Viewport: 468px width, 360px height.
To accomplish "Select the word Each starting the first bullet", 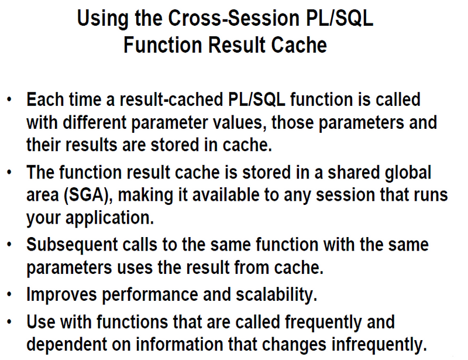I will pos(44,100).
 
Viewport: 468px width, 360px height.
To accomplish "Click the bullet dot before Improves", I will pos(9,294).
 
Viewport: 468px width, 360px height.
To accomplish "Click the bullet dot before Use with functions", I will pos(9,321).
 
